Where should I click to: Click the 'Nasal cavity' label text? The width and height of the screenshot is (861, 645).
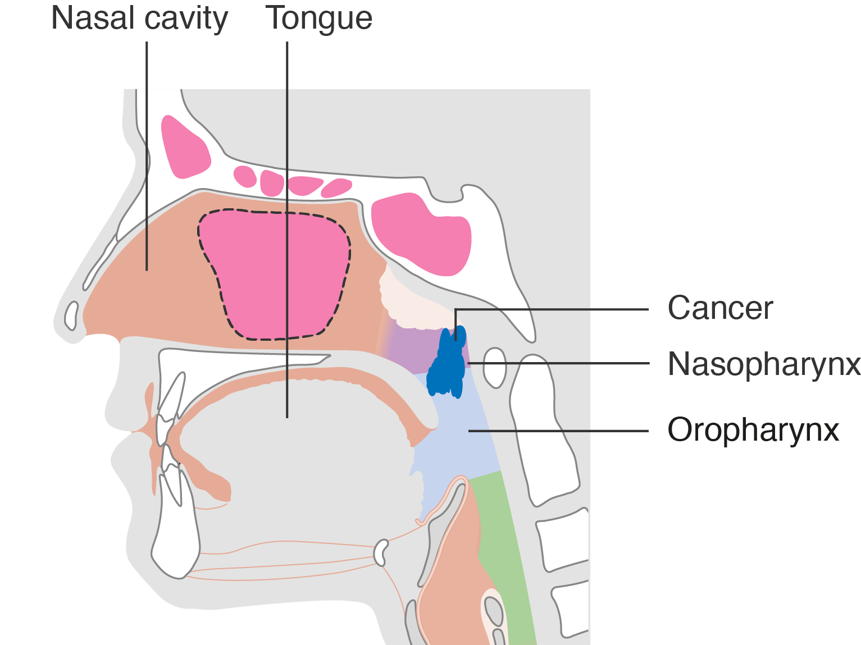click(139, 19)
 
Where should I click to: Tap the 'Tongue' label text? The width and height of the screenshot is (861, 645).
click(318, 19)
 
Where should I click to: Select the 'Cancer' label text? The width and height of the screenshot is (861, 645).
click(719, 308)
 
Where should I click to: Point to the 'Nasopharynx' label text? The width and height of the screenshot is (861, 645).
click(763, 364)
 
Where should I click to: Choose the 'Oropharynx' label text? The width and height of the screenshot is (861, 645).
click(753, 431)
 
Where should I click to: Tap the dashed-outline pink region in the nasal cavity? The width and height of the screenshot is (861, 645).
click(275, 275)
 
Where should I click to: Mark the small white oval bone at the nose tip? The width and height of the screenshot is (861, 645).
click(71, 315)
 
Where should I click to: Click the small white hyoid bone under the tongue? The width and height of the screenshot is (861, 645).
click(381, 552)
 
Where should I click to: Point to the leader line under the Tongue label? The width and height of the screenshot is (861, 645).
click(287, 225)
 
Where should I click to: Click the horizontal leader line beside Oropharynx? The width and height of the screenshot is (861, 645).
click(559, 431)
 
